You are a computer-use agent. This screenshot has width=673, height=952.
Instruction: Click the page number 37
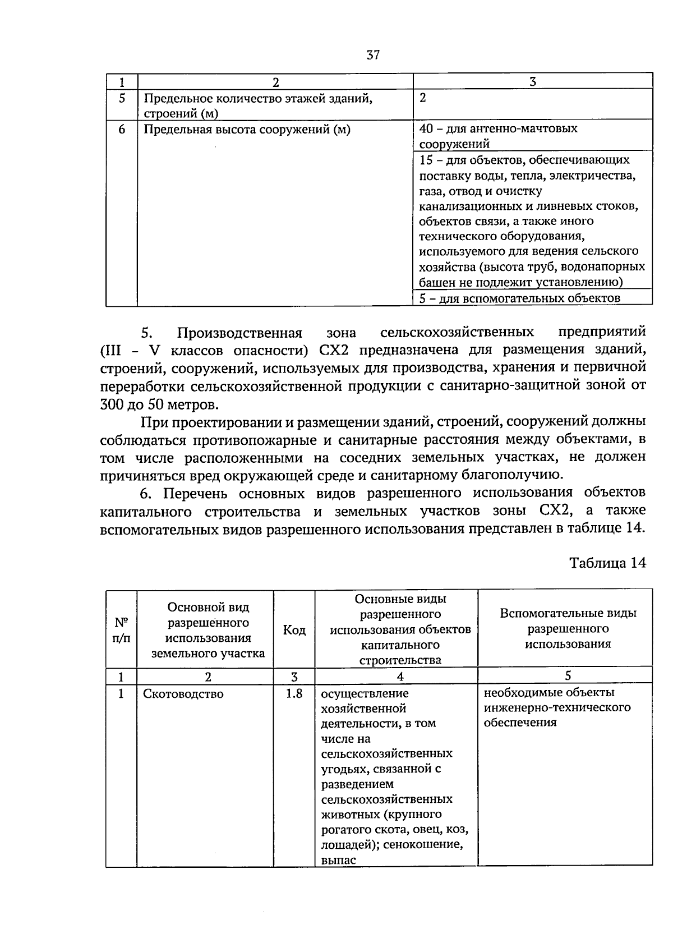[373, 54]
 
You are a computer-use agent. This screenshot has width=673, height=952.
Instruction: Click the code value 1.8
[294, 693]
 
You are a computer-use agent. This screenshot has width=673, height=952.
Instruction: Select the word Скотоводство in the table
[183, 694]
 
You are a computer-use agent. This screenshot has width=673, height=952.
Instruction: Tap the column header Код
[294, 630]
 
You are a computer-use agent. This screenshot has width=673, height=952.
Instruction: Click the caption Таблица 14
[607, 563]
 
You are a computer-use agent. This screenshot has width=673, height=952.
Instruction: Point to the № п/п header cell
[121, 630]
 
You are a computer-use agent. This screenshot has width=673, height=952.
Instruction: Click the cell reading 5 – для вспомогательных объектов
[520, 298]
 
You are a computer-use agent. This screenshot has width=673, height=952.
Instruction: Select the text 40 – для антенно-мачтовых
[499, 128]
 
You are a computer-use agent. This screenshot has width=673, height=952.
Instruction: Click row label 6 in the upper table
[122, 130]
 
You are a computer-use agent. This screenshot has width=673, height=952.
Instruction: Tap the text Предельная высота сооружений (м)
[247, 130]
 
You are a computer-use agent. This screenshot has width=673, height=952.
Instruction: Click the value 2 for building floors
[423, 98]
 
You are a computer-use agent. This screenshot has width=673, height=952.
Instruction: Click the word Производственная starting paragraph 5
[239, 333]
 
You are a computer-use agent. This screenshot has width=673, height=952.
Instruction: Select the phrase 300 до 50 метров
[157, 404]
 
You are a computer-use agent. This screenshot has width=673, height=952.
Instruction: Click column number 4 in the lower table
[400, 677]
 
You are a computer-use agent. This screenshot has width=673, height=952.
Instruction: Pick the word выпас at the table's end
[339, 860]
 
